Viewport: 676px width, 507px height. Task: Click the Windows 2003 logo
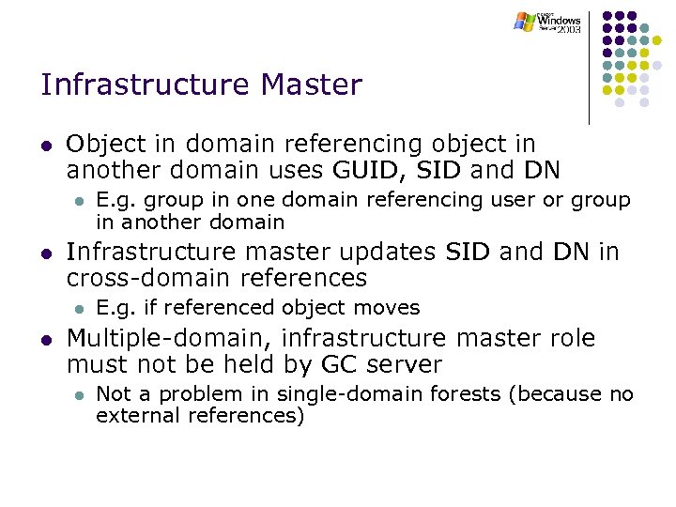tap(548, 23)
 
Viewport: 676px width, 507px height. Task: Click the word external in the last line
tap(128, 416)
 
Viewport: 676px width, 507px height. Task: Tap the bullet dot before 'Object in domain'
tap(46, 146)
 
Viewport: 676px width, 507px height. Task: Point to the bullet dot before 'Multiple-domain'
tap(46, 340)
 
